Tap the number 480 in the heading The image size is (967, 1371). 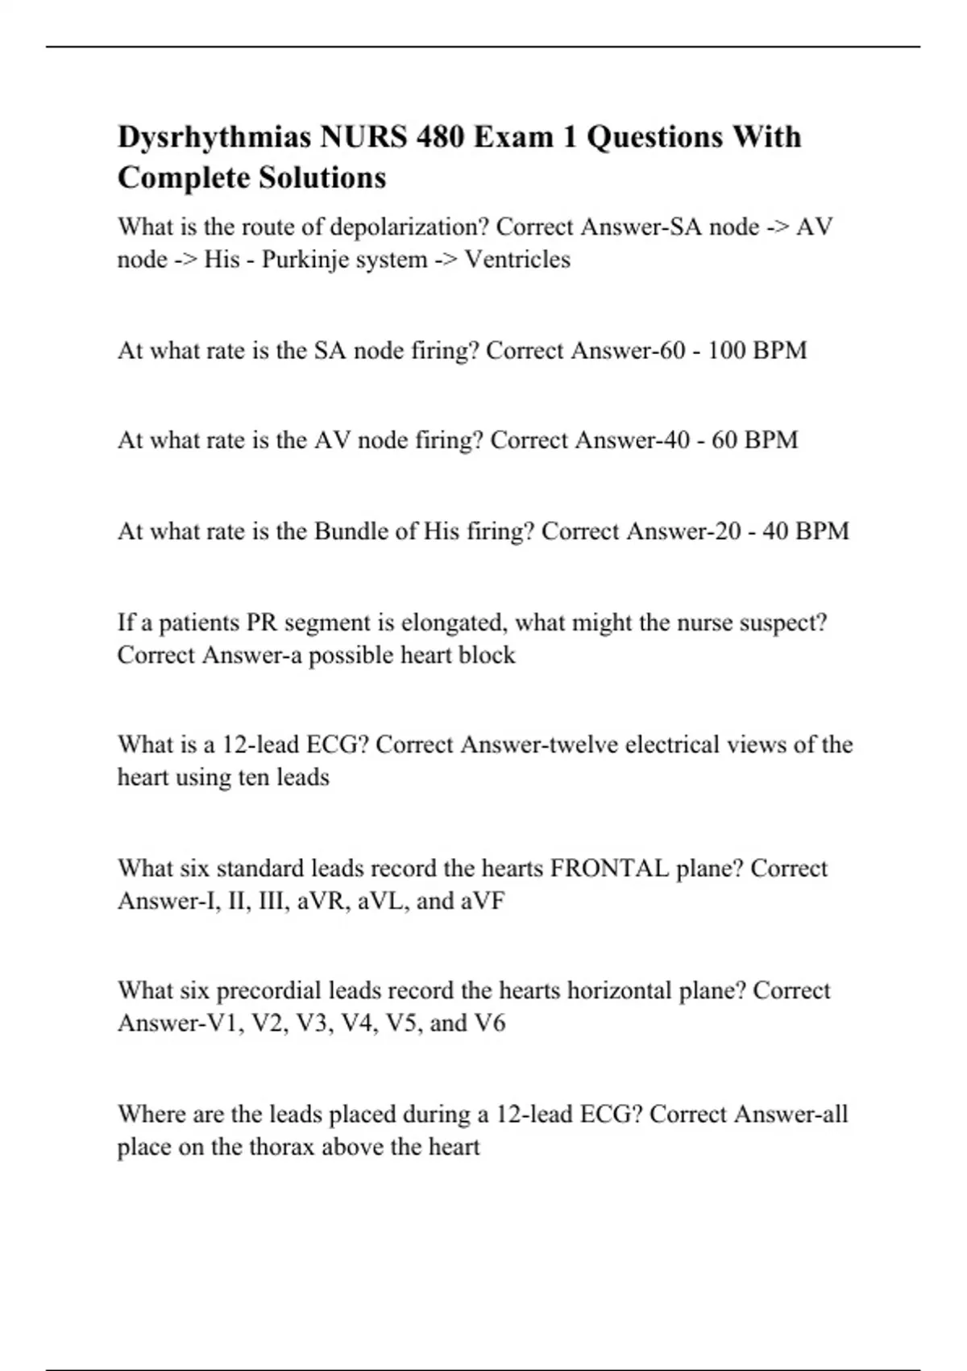click(x=440, y=138)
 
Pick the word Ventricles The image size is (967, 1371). click(x=517, y=260)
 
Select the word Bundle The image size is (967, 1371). click(x=349, y=531)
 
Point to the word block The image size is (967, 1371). click(x=487, y=655)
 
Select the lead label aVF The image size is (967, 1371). click(x=483, y=901)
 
